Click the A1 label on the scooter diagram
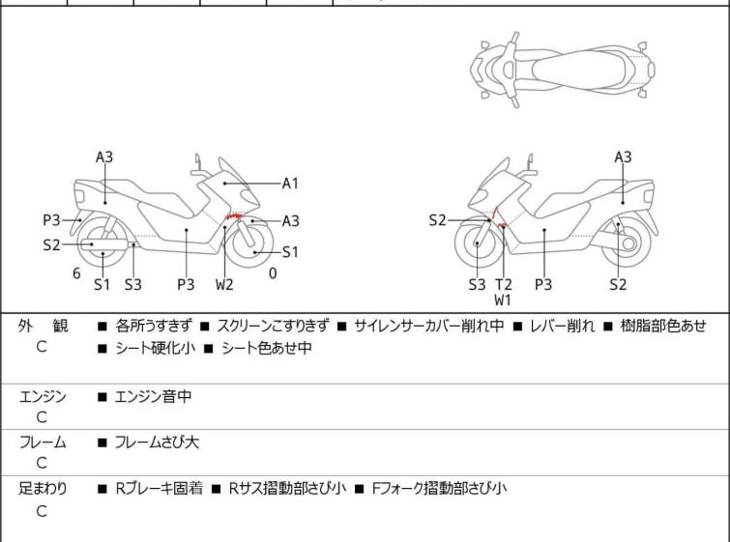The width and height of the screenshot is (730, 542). tap(290, 184)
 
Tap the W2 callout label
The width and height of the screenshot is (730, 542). tap(224, 284)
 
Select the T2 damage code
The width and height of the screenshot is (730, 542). tap(504, 284)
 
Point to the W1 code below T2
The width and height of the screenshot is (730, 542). tap(503, 300)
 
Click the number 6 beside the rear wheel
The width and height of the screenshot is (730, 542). tap(76, 273)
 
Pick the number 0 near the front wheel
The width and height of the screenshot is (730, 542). tap(273, 273)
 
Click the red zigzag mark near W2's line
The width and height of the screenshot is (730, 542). tap(234, 215)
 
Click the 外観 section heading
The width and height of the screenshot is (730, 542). tap(43, 326)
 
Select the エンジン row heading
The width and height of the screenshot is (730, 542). tap(43, 396)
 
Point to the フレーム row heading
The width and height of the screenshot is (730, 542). tap(43, 442)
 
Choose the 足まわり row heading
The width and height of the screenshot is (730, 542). tap(43, 488)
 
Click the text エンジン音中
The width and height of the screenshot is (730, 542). tap(153, 396)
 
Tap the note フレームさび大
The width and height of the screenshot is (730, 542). tap(157, 442)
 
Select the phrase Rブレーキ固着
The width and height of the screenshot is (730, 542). tap(160, 488)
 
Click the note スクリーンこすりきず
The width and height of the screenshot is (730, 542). tap(274, 326)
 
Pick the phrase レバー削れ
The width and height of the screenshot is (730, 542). tap(563, 326)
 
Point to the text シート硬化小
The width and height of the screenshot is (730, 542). tap(156, 348)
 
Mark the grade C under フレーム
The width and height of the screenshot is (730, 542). tap(42, 463)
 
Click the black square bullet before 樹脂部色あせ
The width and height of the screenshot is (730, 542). tap(608, 327)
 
